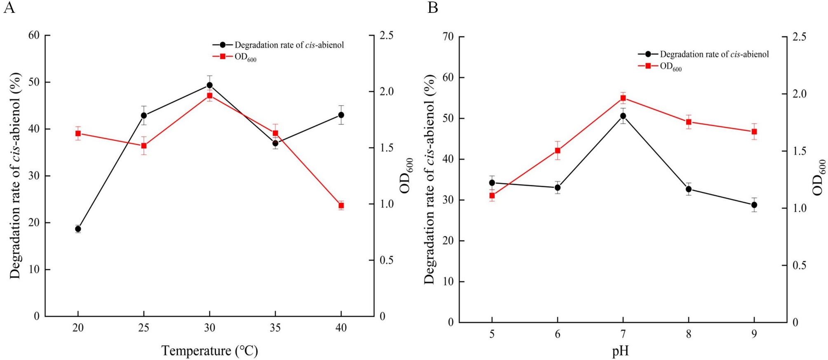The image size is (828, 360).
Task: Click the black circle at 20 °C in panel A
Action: coord(78,229)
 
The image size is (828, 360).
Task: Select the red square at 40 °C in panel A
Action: coord(341,205)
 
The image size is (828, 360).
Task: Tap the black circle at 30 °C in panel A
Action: coord(209,85)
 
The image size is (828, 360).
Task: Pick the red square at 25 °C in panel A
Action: coord(144,146)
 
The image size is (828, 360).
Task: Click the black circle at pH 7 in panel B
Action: coord(623,116)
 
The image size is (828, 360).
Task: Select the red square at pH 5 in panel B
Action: coord(492,195)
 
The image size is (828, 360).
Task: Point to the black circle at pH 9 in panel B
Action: coord(754,205)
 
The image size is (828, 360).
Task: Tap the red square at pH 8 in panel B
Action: coord(689,122)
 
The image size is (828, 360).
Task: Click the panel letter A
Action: coord(9,7)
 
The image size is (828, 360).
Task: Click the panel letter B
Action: coord(433,7)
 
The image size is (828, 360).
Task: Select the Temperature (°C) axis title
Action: coord(209,351)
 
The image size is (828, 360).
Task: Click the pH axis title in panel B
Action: coord(620,351)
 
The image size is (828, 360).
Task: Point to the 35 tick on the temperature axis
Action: coord(275,328)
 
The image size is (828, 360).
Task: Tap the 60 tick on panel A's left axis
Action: coord(34,35)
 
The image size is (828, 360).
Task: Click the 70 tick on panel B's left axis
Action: coord(448,37)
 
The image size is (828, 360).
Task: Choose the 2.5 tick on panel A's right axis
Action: coord(386,35)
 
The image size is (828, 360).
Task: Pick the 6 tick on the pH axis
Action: coord(557,334)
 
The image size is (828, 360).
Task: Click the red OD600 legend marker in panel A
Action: coord(223,56)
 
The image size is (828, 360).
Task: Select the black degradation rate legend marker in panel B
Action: coord(648,54)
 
